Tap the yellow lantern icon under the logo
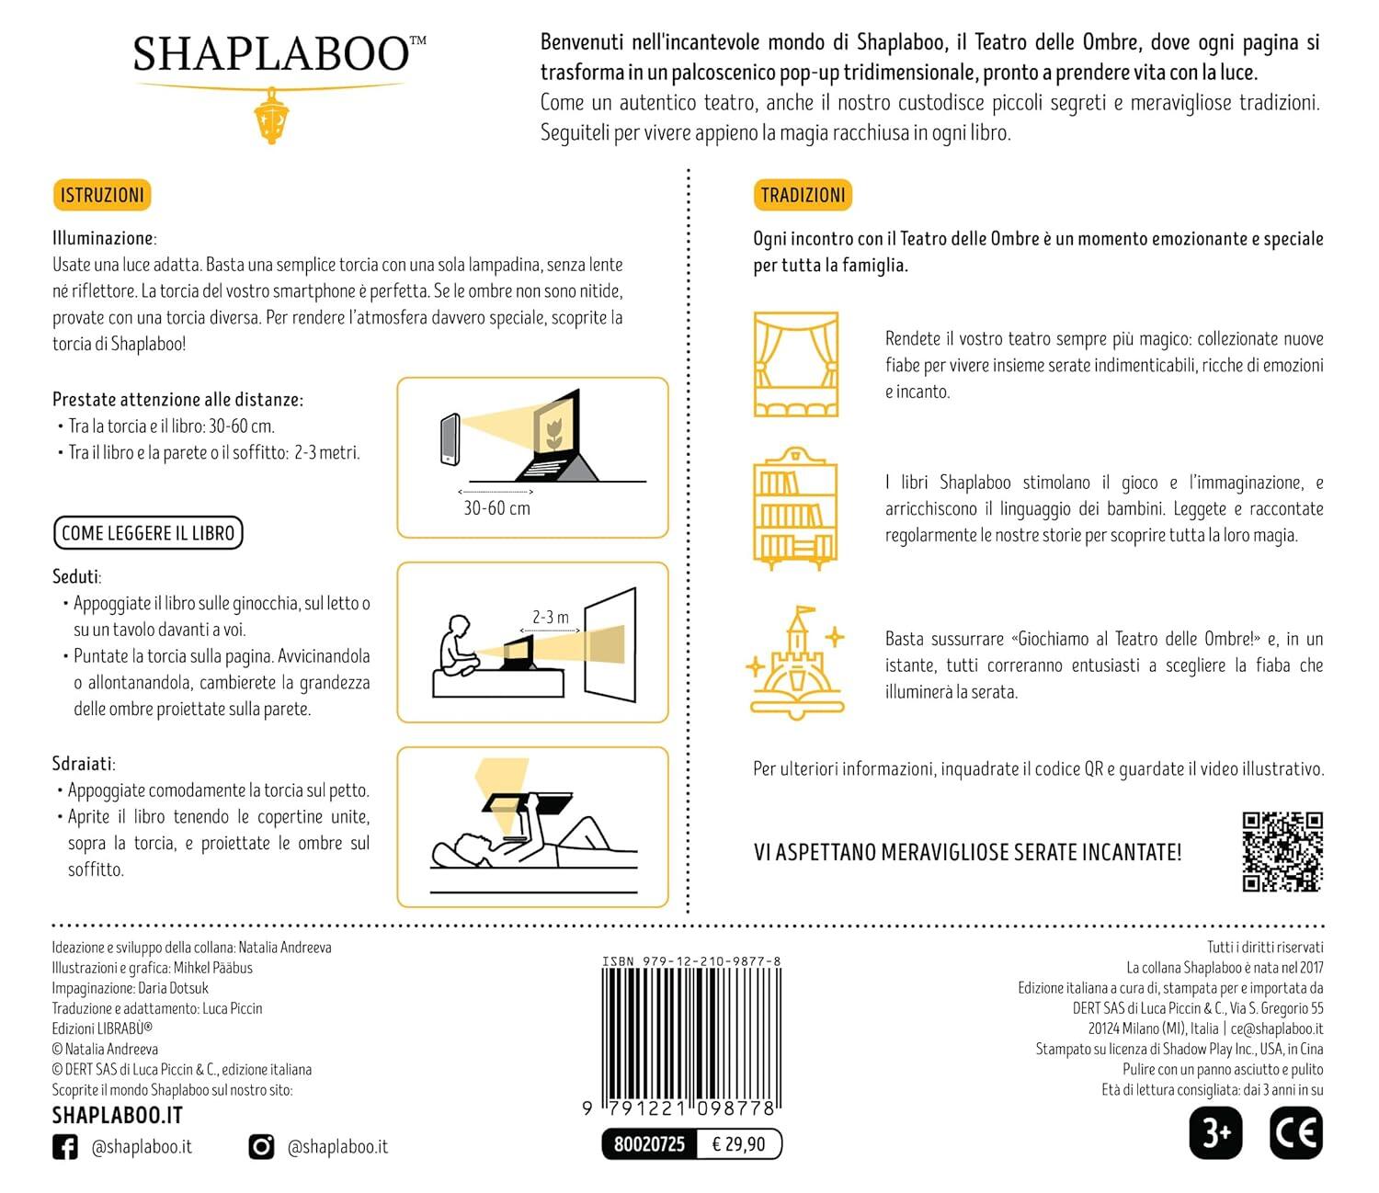[x=271, y=116]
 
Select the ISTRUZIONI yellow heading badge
[x=102, y=195]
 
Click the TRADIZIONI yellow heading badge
[x=803, y=195]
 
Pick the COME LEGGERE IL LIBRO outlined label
[x=148, y=533]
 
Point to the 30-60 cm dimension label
[x=496, y=508]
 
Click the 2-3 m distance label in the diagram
[x=550, y=617]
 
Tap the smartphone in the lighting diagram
[x=450, y=440]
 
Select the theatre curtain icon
[x=796, y=365]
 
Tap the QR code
[x=1282, y=852]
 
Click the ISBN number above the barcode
[x=691, y=961]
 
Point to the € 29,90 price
[x=738, y=1144]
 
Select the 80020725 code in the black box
[x=649, y=1144]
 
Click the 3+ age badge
[x=1215, y=1133]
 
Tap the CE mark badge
[x=1296, y=1133]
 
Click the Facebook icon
[x=65, y=1147]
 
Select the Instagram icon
[x=262, y=1147]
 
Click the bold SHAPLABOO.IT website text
[x=118, y=1116]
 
